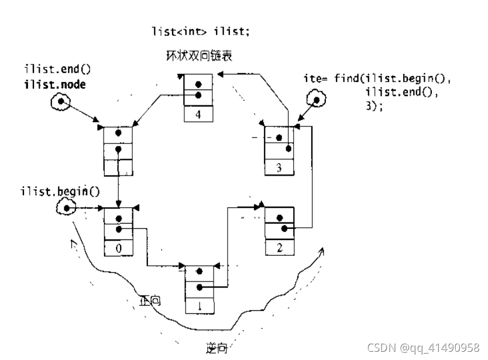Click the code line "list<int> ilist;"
pyautogui.click(x=200, y=32)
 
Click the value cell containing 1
pyautogui.click(x=200, y=306)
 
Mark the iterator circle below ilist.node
pyautogui.click(x=59, y=104)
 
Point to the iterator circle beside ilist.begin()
pyautogui.click(x=67, y=208)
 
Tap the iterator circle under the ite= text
pyautogui.click(x=316, y=101)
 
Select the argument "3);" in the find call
pyautogui.click(x=373, y=107)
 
